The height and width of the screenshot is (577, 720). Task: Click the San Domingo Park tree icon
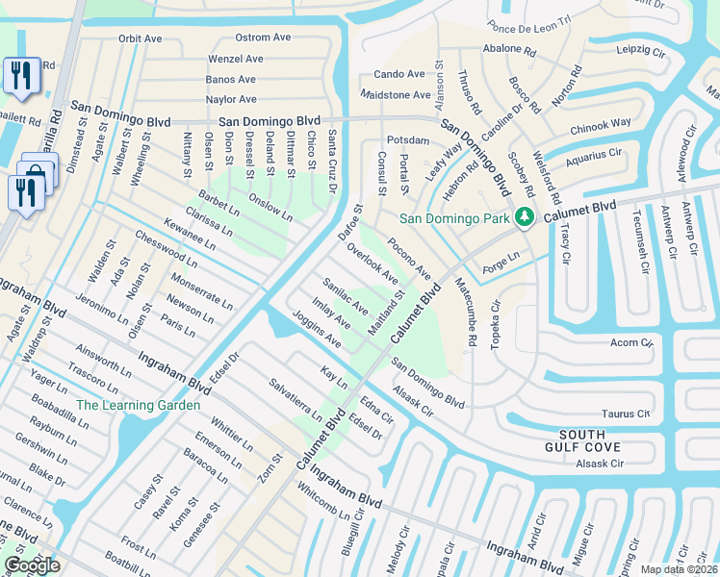525,217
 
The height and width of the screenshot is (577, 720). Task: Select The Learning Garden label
139,406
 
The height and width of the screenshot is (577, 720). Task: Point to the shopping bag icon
37,172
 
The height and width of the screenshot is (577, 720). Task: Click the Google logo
32,565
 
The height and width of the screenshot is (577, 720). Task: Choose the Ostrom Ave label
263,38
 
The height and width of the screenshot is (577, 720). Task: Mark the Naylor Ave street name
231,99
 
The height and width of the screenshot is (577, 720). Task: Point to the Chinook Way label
601,123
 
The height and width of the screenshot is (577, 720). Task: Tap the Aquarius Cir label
595,154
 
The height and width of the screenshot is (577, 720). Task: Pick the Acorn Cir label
631,341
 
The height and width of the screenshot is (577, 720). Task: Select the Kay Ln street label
334,377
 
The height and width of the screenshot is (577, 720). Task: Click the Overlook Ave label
373,263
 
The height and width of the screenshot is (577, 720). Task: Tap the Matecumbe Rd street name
465,312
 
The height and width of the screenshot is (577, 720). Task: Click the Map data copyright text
679,569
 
